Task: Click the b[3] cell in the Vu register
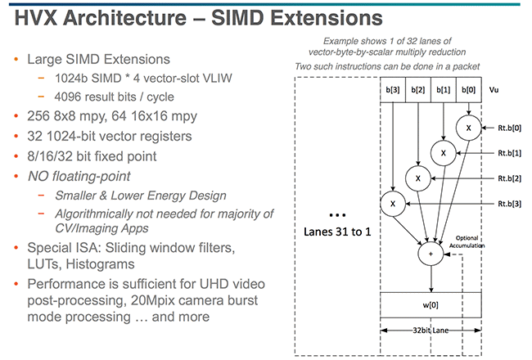coord(393,90)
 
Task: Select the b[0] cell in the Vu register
coord(468,90)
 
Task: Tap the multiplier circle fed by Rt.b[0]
coord(468,128)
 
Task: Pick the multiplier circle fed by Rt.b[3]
coord(393,204)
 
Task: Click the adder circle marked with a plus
coord(431,254)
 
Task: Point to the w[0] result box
coord(431,305)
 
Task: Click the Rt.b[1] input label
coord(509,153)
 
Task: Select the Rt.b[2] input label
coord(509,178)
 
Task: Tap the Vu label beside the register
coord(494,90)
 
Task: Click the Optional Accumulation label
coord(467,241)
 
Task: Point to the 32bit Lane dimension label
coord(431,331)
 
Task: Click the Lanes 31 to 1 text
coord(337,232)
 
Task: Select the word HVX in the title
coord(36,18)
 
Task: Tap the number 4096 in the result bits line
coord(66,97)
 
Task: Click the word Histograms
coord(100,264)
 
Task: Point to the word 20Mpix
coord(151,300)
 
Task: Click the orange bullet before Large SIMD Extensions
coord(16,60)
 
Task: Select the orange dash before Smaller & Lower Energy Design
coord(41,196)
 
